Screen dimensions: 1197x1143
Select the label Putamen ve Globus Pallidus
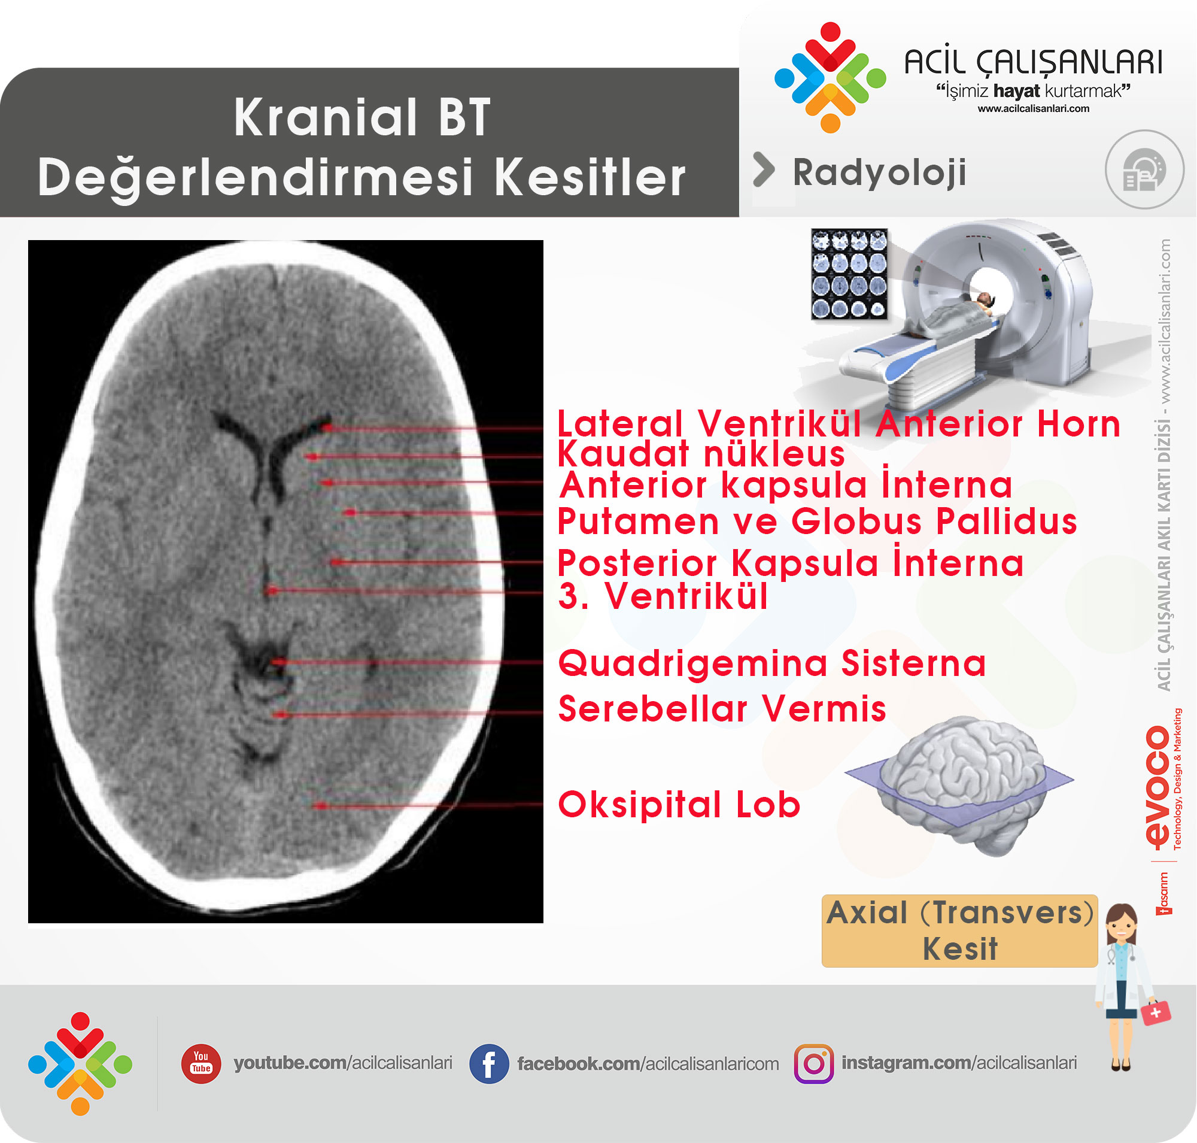click(817, 522)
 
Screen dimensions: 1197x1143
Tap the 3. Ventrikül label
click(663, 595)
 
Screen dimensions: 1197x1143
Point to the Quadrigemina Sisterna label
click(772, 663)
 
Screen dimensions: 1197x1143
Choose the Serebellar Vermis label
click(722, 708)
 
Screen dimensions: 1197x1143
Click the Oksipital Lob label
click(679, 804)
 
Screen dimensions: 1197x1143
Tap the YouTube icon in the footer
click(201, 1063)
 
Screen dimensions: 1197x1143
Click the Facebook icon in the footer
click(488, 1064)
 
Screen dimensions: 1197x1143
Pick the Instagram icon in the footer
click(814, 1064)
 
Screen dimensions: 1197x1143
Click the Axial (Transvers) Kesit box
click(959, 930)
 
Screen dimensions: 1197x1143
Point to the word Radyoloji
click(879, 173)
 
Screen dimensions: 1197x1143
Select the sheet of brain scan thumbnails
click(849, 274)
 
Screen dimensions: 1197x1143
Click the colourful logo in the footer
click(80, 1064)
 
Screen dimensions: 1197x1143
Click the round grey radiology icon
click(1144, 169)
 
